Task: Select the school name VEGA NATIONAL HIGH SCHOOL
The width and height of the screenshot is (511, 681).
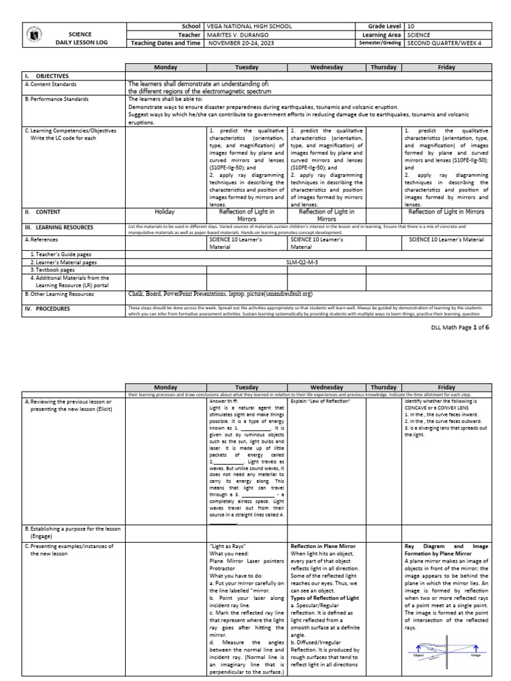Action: (x=250, y=25)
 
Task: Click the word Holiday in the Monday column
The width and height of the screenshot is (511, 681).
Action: (x=164, y=212)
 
